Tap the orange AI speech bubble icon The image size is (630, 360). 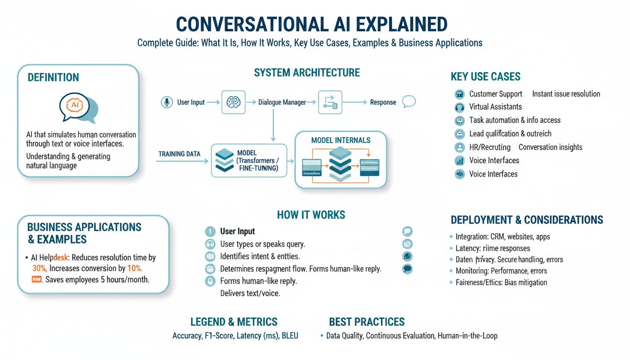pos(75,105)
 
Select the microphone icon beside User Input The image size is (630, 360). pos(166,102)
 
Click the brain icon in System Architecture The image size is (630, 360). pos(233,102)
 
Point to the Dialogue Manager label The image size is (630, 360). pos(282,102)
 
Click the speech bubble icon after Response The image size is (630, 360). pos(409,102)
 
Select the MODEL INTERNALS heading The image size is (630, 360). pos(340,140)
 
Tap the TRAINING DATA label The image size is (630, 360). pos(179,154)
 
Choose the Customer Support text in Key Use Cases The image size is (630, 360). pos(495,94)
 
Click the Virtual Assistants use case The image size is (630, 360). pos(495,107)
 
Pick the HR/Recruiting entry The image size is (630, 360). pos(489,147)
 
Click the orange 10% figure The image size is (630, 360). pos(135,269)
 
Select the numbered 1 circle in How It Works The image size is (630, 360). pos(210,231)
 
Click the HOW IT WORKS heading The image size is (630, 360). pos(311,215)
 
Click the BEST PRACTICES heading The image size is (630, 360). pos(367,322)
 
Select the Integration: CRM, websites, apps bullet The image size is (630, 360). pos(502,237)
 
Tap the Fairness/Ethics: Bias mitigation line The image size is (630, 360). pos(501,282)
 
